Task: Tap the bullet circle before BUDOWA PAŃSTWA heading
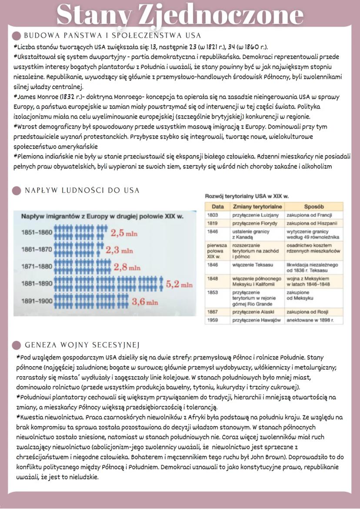[17, 36]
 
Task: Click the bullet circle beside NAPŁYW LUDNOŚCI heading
[17, 191]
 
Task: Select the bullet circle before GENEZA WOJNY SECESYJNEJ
[17, 345]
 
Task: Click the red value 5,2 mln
[179, 285]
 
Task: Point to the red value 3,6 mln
[145, 301]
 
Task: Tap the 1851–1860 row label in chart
[36, 233]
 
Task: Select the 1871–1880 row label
[36, 266]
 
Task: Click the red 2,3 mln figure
[120, 250]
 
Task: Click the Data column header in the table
[217, 206]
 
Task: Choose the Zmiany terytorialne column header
[257, 206]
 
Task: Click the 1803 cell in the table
[213, 215]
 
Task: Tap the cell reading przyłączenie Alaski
[254, 312]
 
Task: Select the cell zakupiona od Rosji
[307, 312]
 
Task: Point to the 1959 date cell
[213, 320]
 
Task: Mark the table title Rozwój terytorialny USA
[247, 196]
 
